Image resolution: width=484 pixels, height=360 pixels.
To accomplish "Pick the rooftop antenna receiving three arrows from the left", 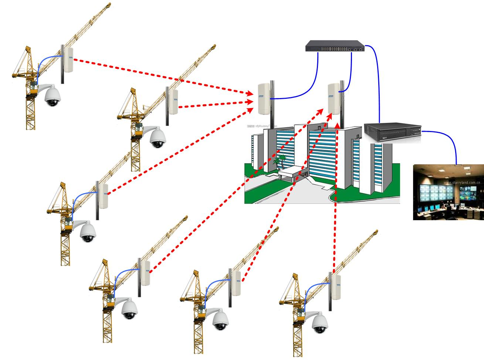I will (264, 98).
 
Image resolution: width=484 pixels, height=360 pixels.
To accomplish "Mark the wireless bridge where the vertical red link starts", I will (336, 287).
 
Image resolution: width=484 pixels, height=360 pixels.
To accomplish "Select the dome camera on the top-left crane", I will (52, 97).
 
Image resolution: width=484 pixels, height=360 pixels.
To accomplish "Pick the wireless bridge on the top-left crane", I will (68, 60).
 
